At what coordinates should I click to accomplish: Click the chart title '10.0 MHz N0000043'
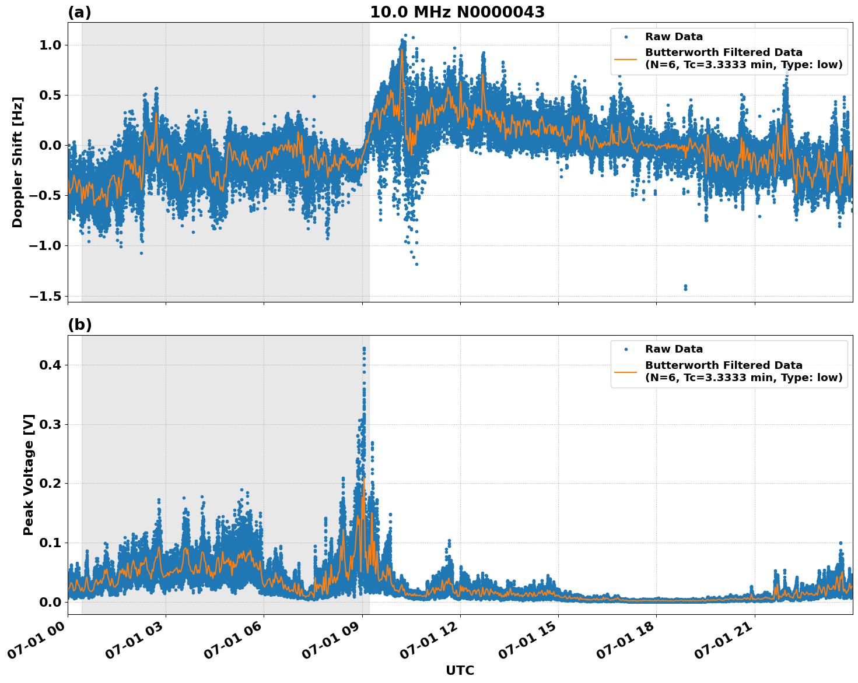point(457,12)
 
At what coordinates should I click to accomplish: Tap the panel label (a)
point(79,12)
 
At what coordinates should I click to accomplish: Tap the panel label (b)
point(79,325)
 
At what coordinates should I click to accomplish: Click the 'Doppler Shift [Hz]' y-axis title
point(17,162)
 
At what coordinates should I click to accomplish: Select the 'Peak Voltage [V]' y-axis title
point(29,474)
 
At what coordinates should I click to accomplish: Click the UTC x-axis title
point(460,670)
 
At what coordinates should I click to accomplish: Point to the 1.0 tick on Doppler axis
point(48,45)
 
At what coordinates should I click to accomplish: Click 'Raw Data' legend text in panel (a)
point(674,37)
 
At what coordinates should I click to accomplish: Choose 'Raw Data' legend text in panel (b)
point(674,349)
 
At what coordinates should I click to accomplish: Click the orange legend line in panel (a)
point(625,59)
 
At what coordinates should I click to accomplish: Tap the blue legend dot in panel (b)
point(625,350)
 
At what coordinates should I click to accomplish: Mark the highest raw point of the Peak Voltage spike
point(364,348)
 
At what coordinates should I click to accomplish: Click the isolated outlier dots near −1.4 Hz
point(685,287)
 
